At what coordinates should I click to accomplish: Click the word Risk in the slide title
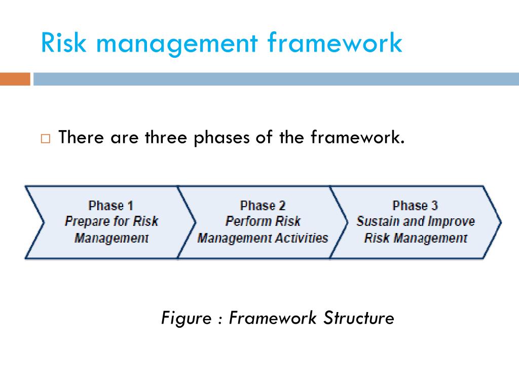(64, 43)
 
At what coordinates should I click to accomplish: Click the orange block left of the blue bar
(15, 79)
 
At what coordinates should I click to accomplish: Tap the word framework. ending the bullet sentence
(358, 137)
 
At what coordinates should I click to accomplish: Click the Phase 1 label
(110, 206)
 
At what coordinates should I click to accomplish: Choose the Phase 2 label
(263, 206)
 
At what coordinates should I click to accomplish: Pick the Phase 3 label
(415, 206)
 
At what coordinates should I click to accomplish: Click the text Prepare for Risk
(112, 221)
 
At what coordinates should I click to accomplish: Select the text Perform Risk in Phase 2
(263, 221)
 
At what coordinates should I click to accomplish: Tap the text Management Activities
(263, 238)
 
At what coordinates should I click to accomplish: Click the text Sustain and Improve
(416, 221)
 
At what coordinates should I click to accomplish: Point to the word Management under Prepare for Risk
(112, 238)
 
